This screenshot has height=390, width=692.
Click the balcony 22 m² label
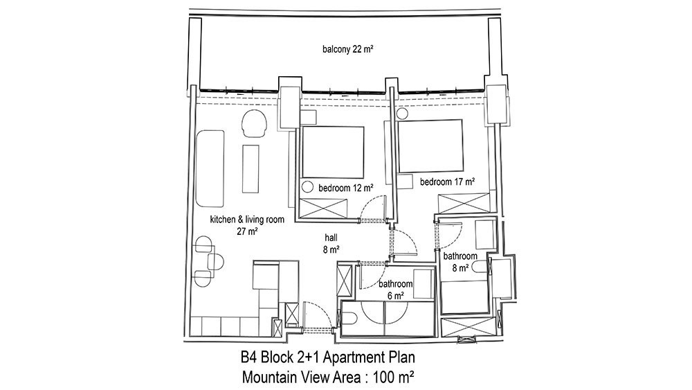[x=348, y=49]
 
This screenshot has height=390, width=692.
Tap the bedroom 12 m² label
[x=346, y=188]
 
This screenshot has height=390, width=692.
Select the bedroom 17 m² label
[x=447, y=181]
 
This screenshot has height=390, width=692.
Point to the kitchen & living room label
[x=247, y=220]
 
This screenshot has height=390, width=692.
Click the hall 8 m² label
[x=331, y=245]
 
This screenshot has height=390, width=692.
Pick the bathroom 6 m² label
[x=395, y=290]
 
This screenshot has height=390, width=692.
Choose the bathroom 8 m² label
[x=460, y=262]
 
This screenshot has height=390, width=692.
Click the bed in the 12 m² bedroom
[x=332, y=152]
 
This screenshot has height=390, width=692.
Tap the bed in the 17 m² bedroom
[x=430, y=145]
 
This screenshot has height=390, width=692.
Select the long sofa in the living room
[x=210, y=168]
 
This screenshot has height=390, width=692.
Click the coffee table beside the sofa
[x=251, y=168]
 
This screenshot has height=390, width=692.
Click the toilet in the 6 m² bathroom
[x=348, y=318]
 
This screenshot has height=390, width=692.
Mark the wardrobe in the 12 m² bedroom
[x=323, y=209]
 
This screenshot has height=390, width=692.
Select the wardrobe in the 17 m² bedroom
[x=464, y=204]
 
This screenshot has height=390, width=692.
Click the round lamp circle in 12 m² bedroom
[x=307, y=187]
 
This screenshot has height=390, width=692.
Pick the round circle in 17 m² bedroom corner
[x=402, y=114]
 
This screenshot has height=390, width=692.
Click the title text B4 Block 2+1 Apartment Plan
[x=327, y=357]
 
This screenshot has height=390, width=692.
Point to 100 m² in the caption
[x=393, y=378]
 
